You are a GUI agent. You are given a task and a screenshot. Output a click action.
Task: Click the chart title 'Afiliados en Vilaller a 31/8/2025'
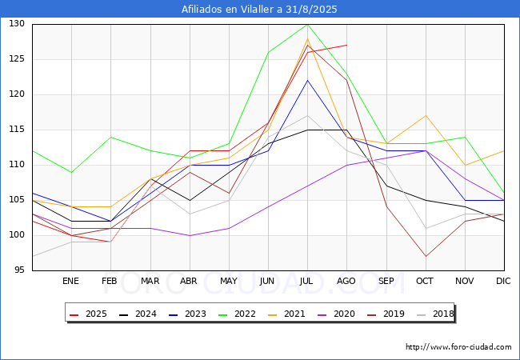[260, 10]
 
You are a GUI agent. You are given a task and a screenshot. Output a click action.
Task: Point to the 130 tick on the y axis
[18, 24]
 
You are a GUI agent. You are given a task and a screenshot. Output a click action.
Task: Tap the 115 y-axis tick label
[18, 130]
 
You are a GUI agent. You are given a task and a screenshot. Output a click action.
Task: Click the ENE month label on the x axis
[71, 282]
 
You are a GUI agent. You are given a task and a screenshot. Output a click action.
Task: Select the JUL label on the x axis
[307, 282]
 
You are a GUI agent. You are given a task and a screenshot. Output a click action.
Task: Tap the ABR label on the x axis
[189, 282]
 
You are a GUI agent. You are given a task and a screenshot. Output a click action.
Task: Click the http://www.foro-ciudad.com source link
[458, 347]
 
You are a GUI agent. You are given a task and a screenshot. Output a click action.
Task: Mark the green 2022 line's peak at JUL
[307, 24]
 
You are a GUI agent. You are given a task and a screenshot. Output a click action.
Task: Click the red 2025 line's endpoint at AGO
[346, 45]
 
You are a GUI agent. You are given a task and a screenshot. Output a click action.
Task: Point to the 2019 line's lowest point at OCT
[426, 256]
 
